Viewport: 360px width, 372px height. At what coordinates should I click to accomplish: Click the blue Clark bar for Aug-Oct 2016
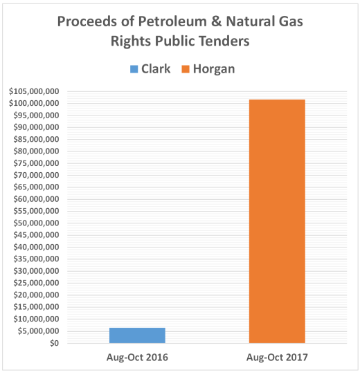(137, 335)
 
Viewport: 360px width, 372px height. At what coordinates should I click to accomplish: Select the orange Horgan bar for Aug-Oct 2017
(277, 221)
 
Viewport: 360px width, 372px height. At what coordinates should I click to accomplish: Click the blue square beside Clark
(134, 70)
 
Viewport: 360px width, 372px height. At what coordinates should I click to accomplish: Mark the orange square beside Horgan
(186, 70)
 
